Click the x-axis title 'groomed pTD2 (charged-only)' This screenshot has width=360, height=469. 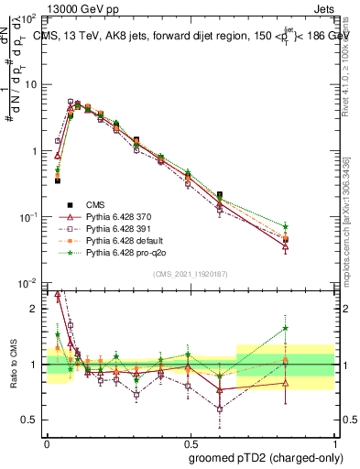tap(265, 457)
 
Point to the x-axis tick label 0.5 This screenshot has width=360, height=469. tap(190, 441)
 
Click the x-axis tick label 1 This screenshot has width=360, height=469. tap(333, 441)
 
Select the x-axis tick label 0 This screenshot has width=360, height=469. tap(47, 441)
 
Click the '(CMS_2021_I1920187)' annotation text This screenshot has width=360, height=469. tap(191, 273)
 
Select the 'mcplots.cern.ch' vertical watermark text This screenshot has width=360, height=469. tap(346, 220)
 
